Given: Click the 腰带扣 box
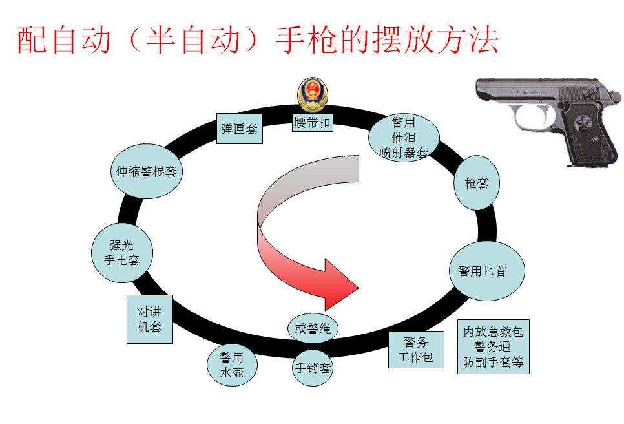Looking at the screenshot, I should (313, 122).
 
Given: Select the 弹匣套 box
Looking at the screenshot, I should (239, 129).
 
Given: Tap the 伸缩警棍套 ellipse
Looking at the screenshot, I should (147, 172).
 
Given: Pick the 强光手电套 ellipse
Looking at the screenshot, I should (123, 253).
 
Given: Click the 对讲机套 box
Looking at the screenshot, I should (149, 319).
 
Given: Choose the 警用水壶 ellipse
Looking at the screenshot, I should (232, 366).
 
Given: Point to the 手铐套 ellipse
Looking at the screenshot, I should (313, 368).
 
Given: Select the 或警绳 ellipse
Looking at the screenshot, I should (313, 328).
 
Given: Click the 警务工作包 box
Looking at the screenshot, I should (416, 350).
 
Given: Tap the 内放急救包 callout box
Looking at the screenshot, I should (494, 347).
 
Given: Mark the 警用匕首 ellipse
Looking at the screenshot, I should (486, 271).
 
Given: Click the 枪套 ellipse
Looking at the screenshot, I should (477, 183).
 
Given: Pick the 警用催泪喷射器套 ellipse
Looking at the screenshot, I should (404, 138).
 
